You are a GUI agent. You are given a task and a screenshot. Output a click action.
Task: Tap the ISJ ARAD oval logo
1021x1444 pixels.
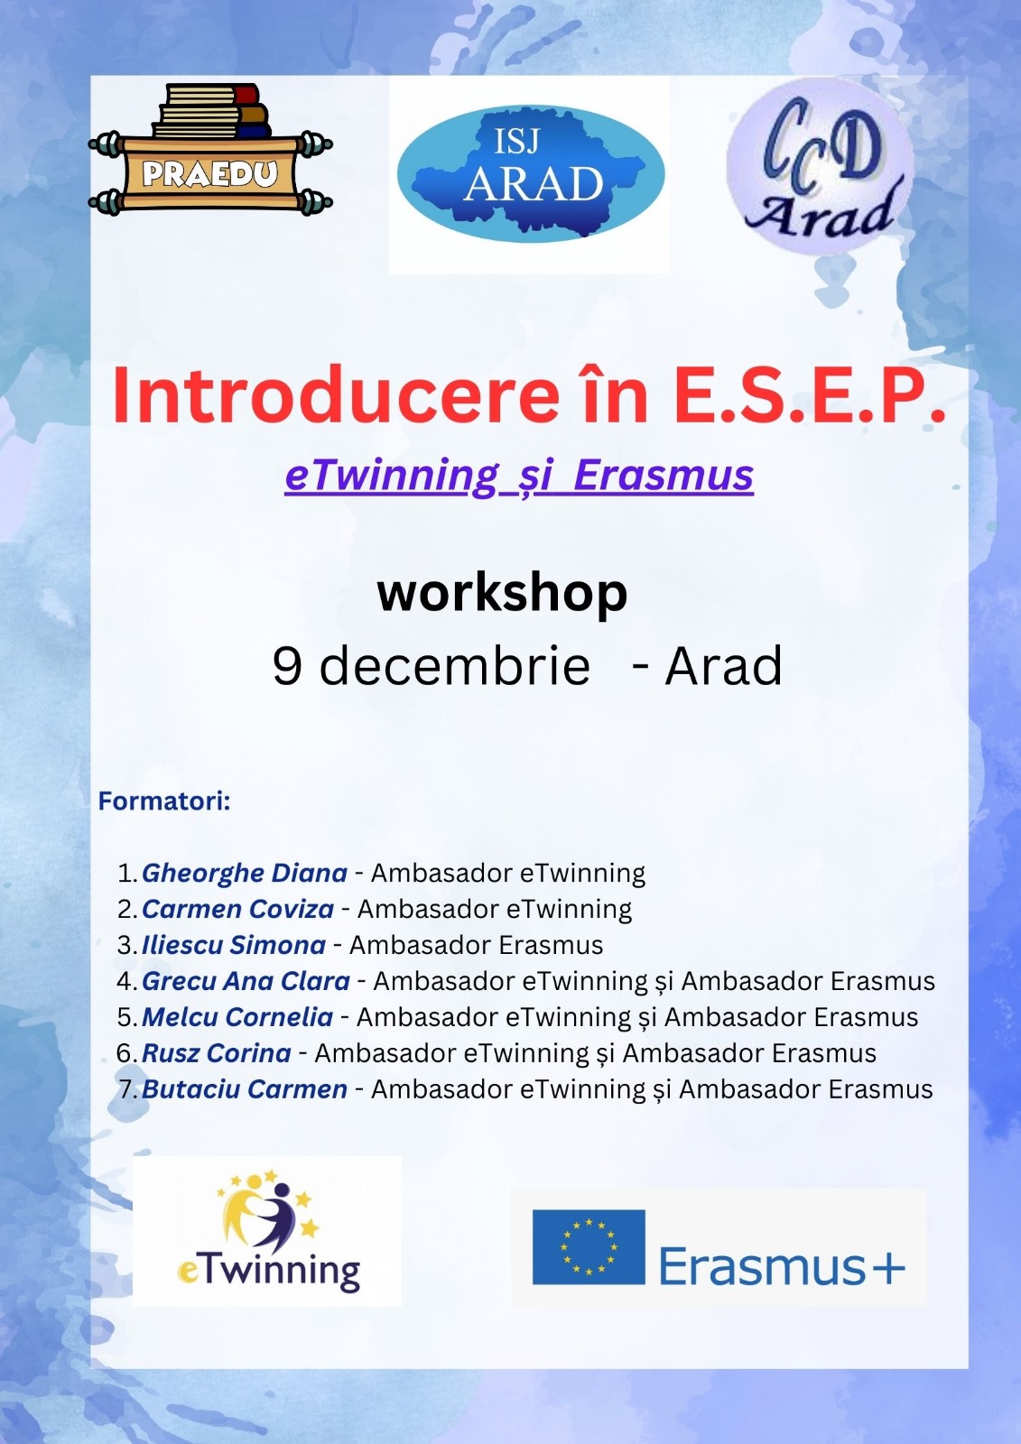pos(530,175)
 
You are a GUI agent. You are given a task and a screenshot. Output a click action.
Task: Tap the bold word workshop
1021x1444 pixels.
pos(503,594)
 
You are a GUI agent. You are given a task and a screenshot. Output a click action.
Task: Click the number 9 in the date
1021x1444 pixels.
pos(287,665)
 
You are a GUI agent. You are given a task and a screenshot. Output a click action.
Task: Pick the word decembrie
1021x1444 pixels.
pos(455,665)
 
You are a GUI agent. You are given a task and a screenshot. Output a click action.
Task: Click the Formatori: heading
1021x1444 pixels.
pos(164,801)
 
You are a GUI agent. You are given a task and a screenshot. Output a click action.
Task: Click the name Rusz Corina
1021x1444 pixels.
pos(216,1053)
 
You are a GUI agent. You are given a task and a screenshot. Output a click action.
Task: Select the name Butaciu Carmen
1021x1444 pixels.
pos(245,1089)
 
